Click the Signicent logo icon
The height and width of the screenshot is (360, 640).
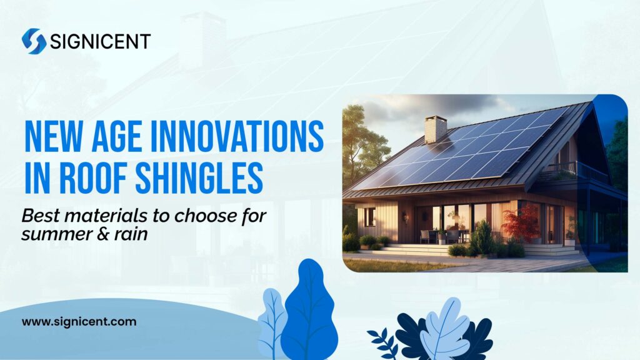point(34,41)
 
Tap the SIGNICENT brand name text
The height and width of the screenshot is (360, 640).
point(100,42)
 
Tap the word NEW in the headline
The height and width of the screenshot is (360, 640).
point(51,137)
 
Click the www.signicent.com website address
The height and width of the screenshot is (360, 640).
point(79,322)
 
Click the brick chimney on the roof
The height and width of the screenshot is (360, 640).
point(436,129)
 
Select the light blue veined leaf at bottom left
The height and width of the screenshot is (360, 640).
point(272,322)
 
